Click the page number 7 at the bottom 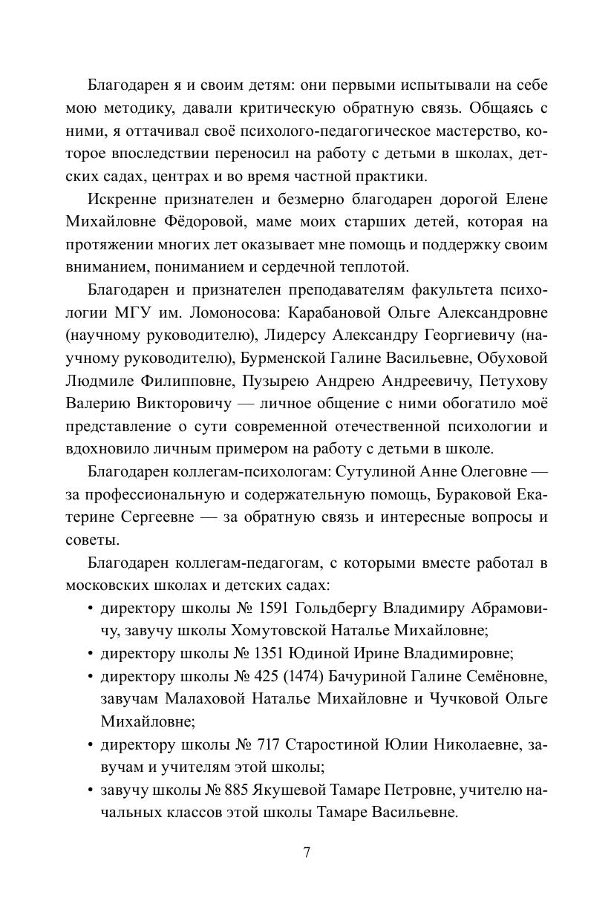pyautogui.click(x=307, y=851)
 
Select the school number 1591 pyautogui.click(x=274, y=609)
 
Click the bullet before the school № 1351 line pyautogui.click(x=90, y=654)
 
